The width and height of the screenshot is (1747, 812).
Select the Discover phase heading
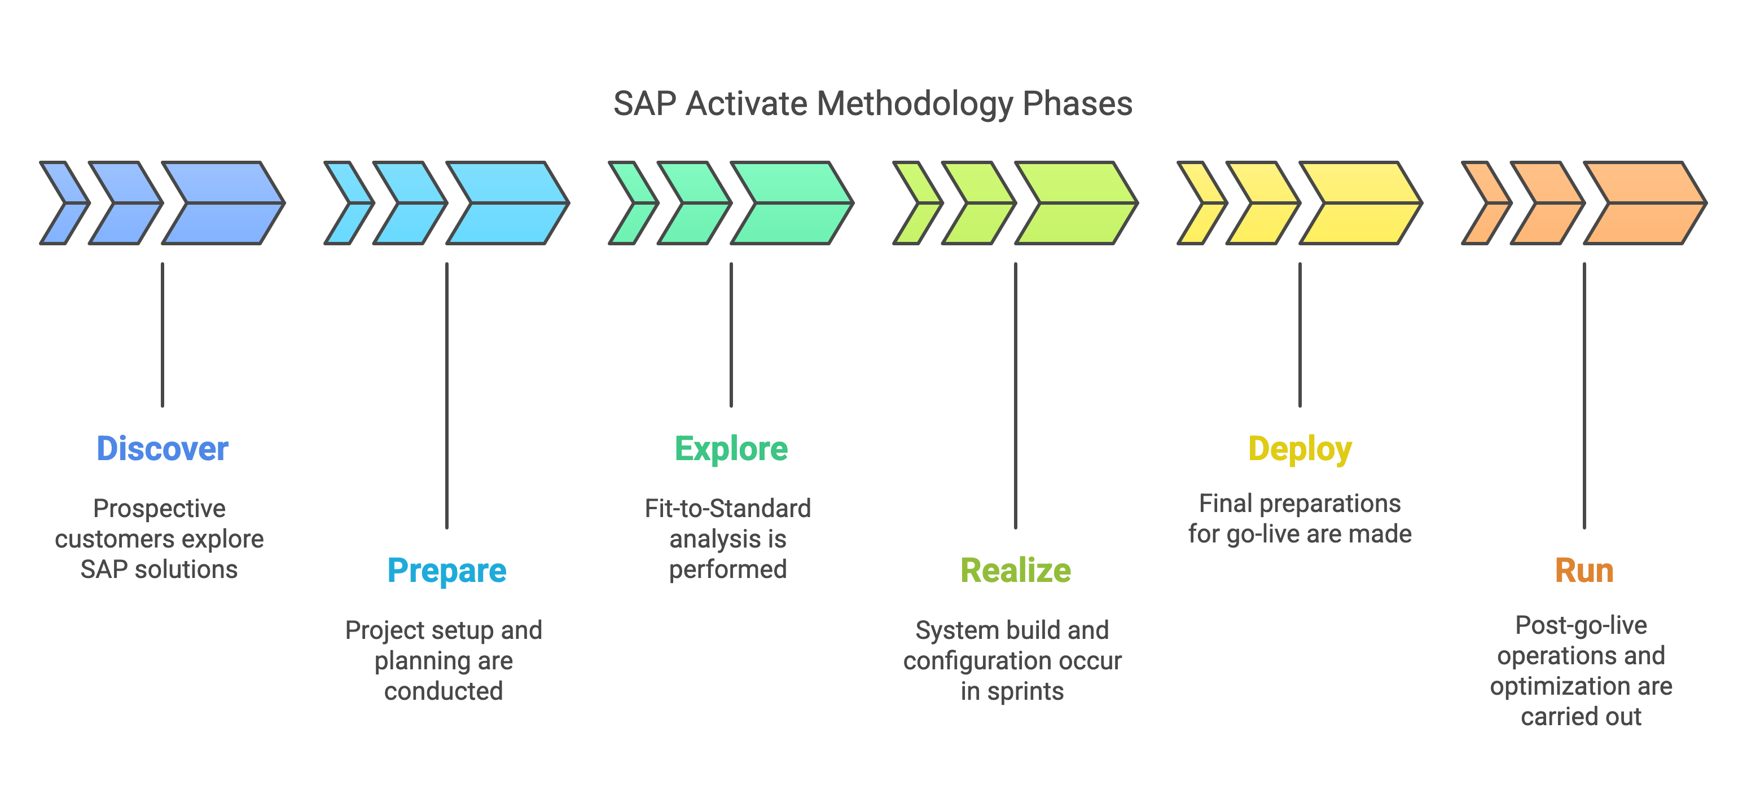[162, 449]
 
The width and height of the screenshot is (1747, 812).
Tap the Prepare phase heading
[446, 571]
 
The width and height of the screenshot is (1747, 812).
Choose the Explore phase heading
[731, 449]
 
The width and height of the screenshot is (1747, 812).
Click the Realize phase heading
[1015, 571]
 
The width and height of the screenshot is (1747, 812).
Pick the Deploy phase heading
[1300, 449]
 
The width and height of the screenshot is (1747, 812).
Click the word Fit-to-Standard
[728, 509]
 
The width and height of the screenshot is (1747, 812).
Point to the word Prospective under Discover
[159, 509]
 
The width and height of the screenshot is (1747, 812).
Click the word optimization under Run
[1560, 687]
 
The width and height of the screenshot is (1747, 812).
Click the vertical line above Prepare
[446, 393]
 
